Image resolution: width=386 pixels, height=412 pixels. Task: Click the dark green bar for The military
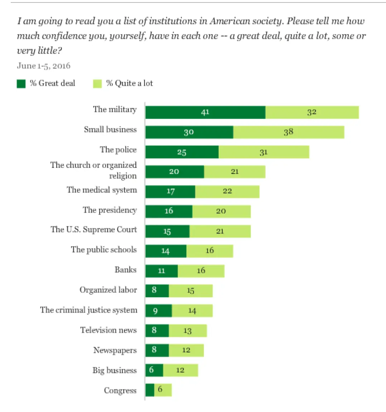pos(205,112)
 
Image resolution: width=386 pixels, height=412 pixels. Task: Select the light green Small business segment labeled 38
pos(289,132)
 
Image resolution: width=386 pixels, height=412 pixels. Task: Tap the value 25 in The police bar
pos(182,152)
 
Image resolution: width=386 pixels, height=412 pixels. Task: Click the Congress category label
pos(120,390)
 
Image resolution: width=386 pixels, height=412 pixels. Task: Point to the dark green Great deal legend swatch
pos(21,83)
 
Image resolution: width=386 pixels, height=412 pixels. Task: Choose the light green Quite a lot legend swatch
pos(97,83)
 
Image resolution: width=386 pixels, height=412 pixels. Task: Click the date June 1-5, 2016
pos(44,66)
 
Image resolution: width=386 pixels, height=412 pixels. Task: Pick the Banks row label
pos(125,269)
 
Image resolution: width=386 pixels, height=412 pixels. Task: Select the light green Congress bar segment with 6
pos(163,390)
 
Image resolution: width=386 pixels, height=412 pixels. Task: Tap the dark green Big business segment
pos(154,370)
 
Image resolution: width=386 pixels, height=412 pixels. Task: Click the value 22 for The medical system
pos(227,191)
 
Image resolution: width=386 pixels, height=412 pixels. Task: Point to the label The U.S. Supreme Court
pos(94,229)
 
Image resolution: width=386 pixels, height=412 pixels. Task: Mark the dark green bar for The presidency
pos(169,211)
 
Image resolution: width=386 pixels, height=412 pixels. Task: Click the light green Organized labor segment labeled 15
pos(190,291)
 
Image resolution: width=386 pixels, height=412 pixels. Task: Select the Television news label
pos(108,330)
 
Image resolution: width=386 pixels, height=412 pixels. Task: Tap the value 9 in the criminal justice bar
pos(155,311)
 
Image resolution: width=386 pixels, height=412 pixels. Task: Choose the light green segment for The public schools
pos(210,251)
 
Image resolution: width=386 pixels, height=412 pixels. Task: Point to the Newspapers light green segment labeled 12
pos(186,350)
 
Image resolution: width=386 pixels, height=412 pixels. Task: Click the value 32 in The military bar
pos(312,112)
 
